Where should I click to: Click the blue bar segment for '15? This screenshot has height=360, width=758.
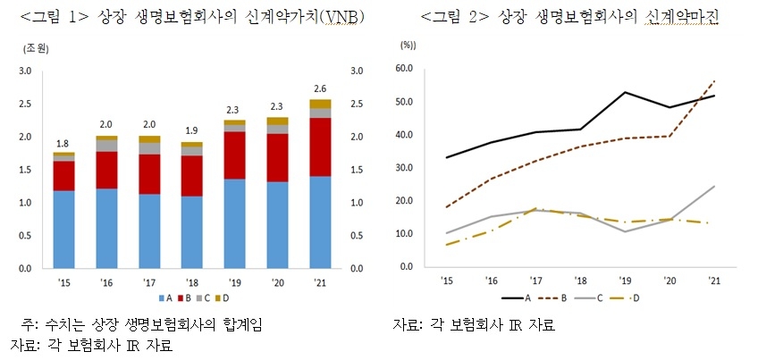coord(63,229)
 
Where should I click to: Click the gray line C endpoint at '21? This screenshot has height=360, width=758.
coord(714,186)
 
